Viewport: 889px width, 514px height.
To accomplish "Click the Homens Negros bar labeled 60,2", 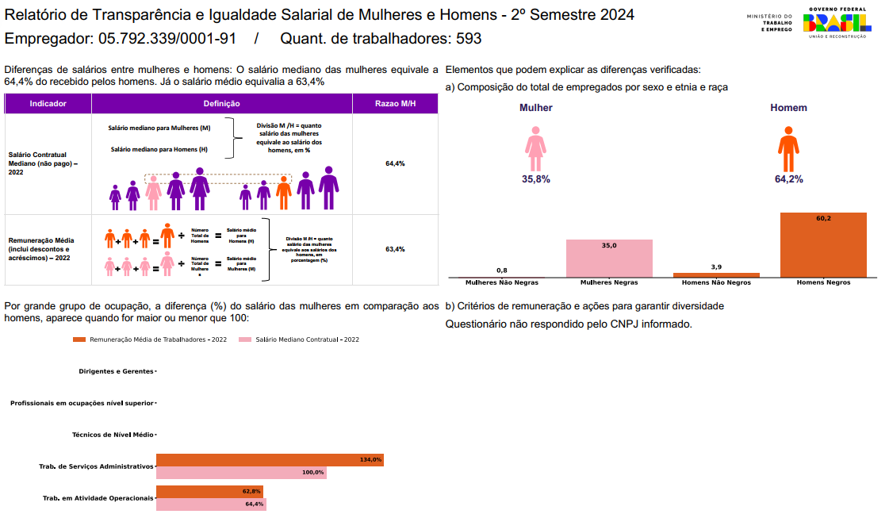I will tap(823, 244).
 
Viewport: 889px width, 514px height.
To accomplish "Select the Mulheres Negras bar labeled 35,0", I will tap(609, 259).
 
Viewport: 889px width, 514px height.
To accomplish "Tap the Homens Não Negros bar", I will tap(716, 275).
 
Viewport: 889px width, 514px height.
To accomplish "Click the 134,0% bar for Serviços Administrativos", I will tap(270, 460).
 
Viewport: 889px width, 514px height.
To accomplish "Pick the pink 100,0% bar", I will tap(241, 473).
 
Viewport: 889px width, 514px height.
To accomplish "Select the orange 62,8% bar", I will tap(209, 492).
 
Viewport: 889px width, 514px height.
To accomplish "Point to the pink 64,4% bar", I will tap(210, 504).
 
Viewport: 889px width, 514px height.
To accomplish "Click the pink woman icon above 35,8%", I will tap(536, 152).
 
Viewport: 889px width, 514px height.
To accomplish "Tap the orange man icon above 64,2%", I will tap(788, 152).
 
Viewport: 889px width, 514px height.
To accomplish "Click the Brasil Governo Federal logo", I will tap(837, 22).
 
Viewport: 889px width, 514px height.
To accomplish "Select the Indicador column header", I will tap(48, 104).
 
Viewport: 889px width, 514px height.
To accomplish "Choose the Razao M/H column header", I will tap(395, 104).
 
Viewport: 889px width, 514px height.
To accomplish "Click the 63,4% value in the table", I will tap(395, 249).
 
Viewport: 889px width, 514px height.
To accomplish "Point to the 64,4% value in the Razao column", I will tap(395, 163).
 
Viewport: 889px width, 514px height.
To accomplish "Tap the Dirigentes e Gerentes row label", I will tap(116, 371).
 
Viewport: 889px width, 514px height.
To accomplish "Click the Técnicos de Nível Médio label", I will tap(113, 435).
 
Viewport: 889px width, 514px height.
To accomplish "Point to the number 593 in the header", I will tap(468, 39).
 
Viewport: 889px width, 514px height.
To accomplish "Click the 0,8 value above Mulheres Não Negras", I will tap(502, 270).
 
